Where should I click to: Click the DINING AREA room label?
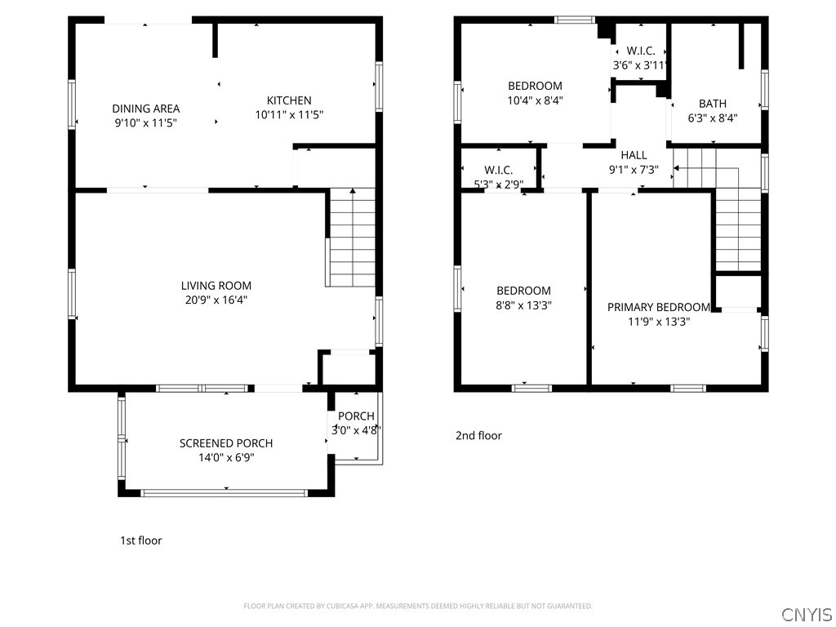tap(145, 109)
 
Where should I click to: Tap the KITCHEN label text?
tap(289, 100)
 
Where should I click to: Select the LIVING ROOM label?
tap(216, 286)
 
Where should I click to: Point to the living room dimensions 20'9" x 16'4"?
tap(216, 300)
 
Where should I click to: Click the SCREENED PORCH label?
tap(226, 443)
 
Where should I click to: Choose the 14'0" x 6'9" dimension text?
tap(226, 458)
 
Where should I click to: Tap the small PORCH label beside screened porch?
tap(356, 416)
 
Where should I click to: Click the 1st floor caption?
tap(140, 540)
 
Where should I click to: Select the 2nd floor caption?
tap(478, 436)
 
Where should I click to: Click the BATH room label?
tap(712, 104)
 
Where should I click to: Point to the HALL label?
tap(634, 155)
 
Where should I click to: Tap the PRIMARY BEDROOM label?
tap(659, 307)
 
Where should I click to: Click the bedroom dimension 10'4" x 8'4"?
tap(536, 100)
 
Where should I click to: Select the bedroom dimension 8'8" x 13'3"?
tap(523, 305)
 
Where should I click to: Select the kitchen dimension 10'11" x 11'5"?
tap(289, 114)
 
